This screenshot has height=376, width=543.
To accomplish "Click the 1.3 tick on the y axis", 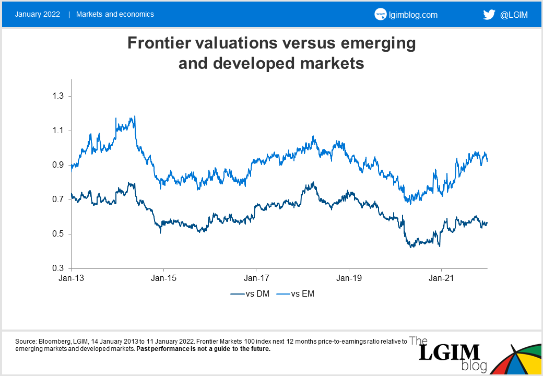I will pyautogui.click(x=60, y=96).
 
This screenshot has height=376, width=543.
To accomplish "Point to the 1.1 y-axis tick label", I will pyautogui.click(x=60, y=131).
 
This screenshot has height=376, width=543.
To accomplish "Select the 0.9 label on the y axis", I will pyautogui.click(x=60, y=165).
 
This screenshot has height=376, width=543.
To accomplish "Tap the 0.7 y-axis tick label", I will pyautogui.click(x=60, y=199).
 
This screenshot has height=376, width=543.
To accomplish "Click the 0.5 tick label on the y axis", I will pyautogui.click(x=60, y=234).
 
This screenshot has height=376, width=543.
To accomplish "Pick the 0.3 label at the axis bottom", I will pyautogui.click(x=60, y=268).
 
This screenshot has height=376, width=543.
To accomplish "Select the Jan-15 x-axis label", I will pyautogui.click(x=163, y=278).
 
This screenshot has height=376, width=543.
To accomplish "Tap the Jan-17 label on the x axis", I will pyautogui.click(x=256, y=278).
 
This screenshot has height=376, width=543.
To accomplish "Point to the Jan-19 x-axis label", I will pyautogui.click(x=348, y=278).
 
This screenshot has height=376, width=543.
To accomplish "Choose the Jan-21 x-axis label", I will pyautogui.click(x=441, y=278).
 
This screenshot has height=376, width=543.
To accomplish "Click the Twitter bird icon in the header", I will pyautogui.click(x=489, y=15).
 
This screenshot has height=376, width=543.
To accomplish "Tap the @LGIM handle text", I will pyautogui.click(x=514, y=15).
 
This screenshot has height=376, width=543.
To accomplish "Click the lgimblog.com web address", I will pyautogui.click(x=413, y=15).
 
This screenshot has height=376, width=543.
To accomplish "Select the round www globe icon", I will pyautogui.click(x=380, y=15).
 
